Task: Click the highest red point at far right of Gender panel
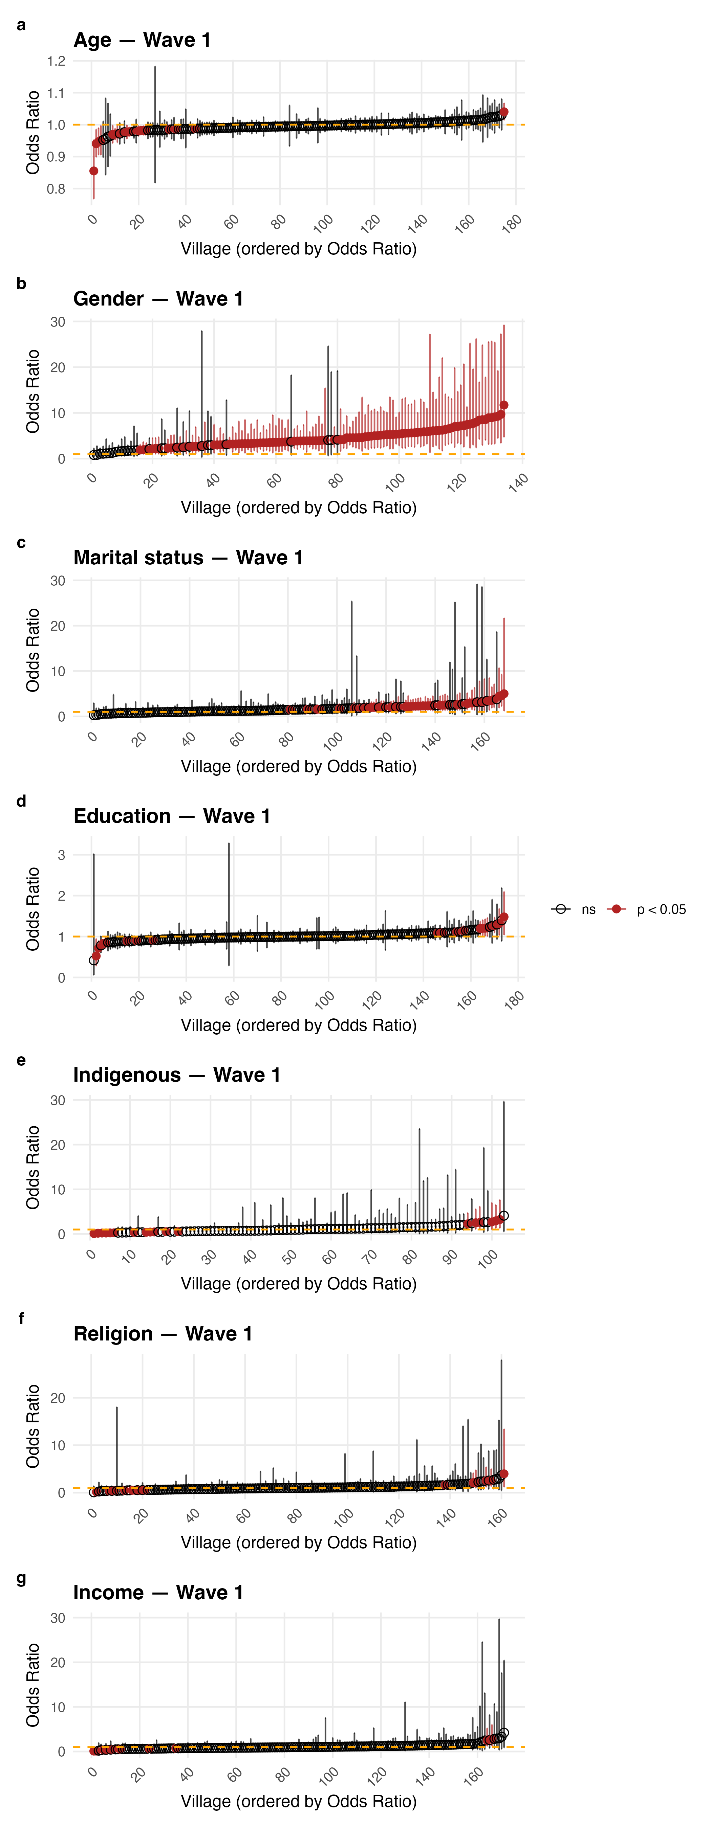click(x=504, y=405)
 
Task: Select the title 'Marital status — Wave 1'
click(x=188, y=558)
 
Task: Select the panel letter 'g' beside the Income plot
click(x=21, y=1578)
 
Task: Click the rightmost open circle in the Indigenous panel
click(x=504, y=1216)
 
